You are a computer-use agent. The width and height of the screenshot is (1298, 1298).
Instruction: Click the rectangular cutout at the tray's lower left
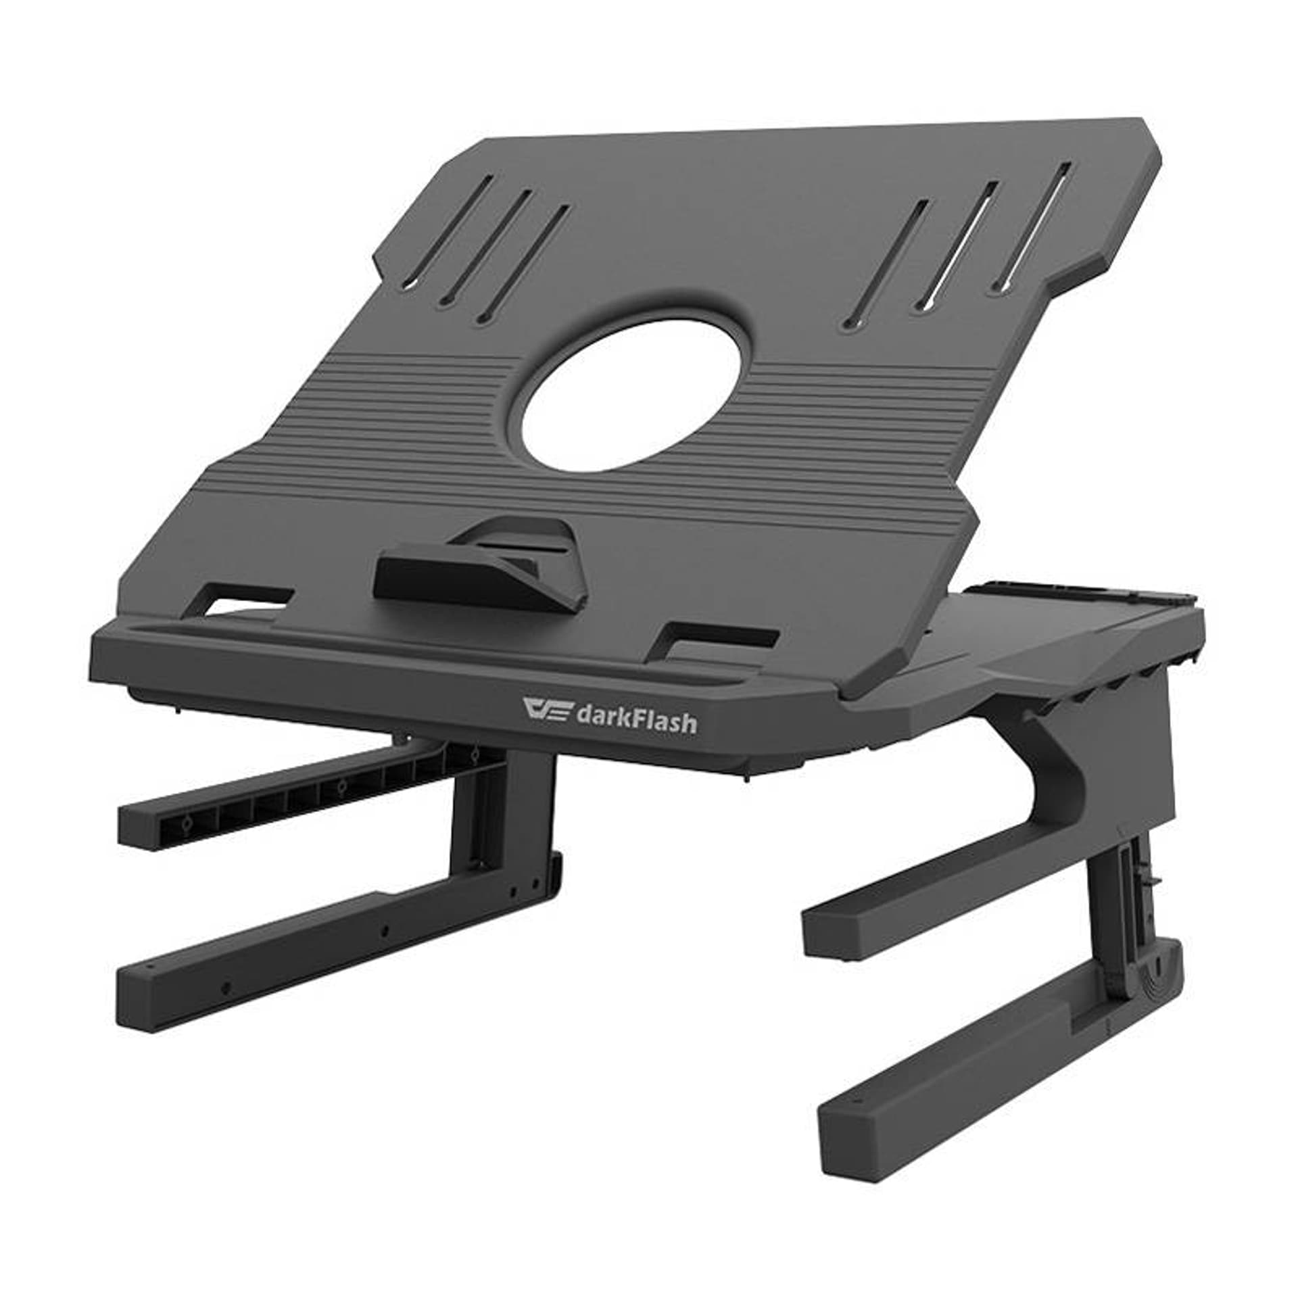point(249,600)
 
